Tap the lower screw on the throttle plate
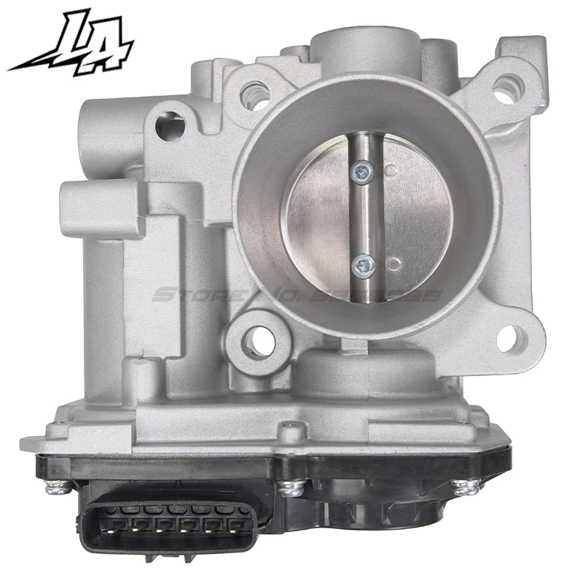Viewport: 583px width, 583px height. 362,265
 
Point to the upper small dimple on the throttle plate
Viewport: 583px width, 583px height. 391,172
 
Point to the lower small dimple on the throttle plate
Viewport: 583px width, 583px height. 394,262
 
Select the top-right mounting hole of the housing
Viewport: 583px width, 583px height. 504,92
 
